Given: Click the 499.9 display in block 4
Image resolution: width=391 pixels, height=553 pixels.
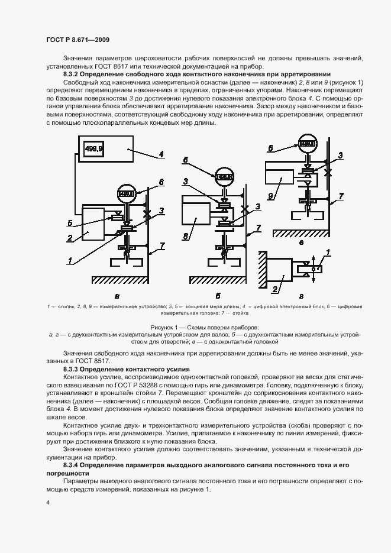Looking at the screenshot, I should tap(94, 150).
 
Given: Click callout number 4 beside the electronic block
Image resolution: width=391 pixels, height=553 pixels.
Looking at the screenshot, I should tap(160, 156).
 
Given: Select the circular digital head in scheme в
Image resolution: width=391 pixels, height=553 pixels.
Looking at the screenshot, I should tap(306, 143).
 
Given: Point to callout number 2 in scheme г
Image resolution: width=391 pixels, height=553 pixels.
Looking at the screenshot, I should tap(274, 289).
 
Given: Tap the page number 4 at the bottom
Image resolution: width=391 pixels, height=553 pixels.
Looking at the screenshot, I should tap(47, 502).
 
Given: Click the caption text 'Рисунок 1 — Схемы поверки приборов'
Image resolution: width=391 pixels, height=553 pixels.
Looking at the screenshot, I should tap(196, 327).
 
